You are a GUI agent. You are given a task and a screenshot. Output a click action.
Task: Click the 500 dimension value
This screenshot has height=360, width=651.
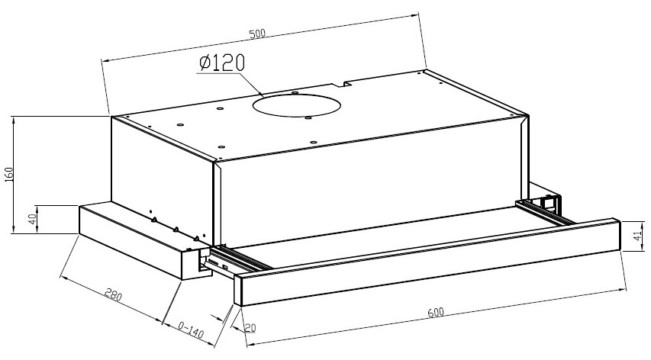[257, 34]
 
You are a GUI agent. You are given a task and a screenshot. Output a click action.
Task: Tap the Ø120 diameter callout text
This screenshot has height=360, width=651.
[221, 63]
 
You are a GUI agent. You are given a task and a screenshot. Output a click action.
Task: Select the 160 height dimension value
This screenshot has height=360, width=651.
[9, 174]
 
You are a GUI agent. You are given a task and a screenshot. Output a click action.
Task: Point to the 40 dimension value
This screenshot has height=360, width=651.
[33, 219]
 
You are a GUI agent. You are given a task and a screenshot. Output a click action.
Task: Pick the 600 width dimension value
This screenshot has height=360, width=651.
[436, 312]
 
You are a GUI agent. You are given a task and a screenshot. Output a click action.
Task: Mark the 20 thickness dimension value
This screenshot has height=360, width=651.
[250, 328]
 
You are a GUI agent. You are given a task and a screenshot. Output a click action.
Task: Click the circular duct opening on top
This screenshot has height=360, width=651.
[296, 105]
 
